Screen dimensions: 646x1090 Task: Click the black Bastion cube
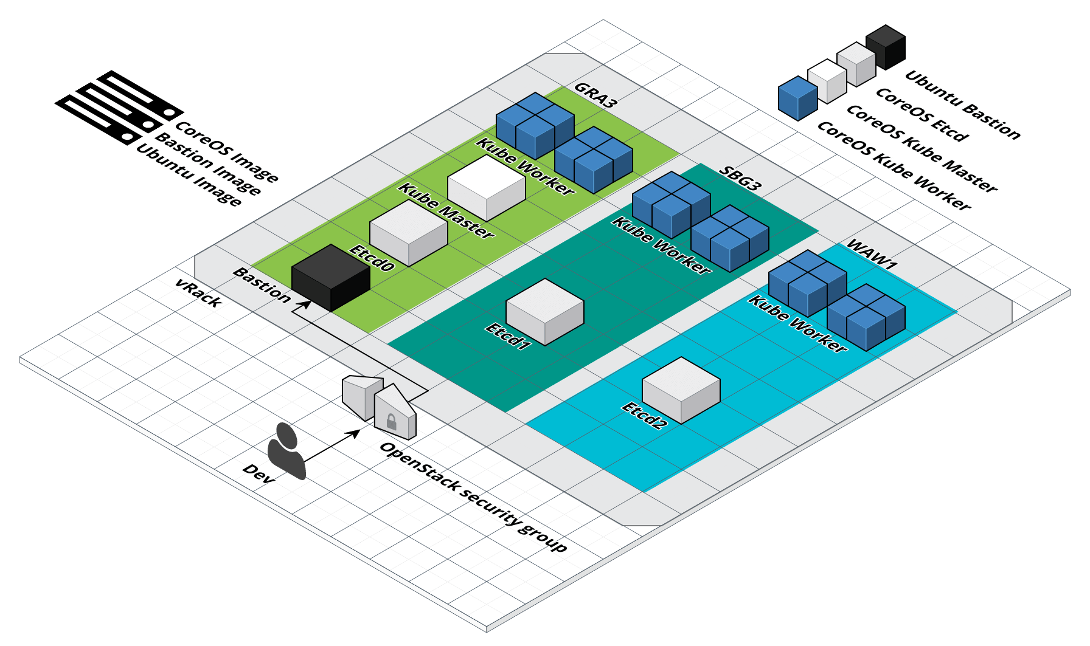coord(330,278)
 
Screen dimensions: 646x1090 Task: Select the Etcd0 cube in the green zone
coord(408,233)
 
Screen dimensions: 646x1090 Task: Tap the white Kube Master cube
coord(486,188)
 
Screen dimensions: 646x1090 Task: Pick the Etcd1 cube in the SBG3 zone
coord(544,312)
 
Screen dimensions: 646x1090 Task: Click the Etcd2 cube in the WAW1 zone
coord(681,390)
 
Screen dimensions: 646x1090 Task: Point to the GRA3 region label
coord(595,95)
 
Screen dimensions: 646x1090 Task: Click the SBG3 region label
coord(740,178)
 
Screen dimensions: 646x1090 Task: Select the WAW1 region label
coord(872,255)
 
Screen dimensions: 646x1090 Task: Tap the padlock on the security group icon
coord(391,421)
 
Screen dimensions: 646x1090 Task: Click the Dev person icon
coord(286,451)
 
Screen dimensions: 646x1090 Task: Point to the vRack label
coord(197,293)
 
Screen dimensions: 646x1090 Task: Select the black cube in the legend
coord(886,46)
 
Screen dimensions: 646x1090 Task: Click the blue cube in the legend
coord(797,98)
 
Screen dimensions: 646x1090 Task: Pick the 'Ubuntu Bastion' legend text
coord(962,105)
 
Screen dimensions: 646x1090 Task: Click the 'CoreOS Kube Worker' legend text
coord(894,165)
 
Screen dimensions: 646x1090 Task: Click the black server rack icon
coord(119,107)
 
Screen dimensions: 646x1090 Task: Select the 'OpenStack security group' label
coord(473,497)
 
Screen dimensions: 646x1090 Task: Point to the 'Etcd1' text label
coord(508,337)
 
